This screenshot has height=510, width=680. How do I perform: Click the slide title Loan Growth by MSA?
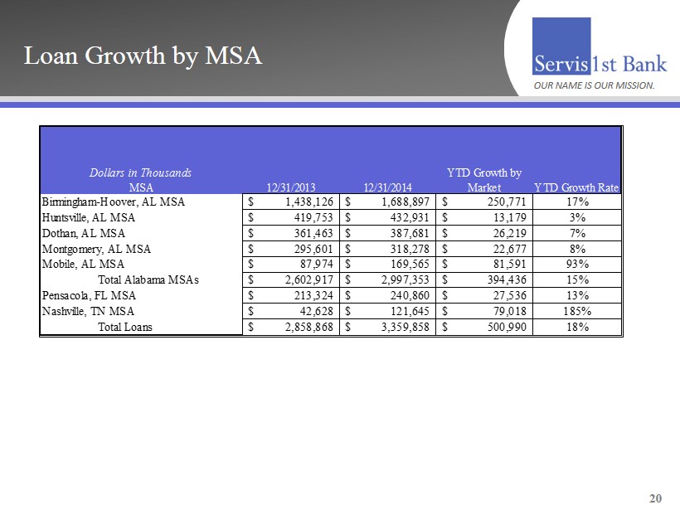click(x=143, y=56)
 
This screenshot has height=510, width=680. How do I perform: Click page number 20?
click(x=656, y=498)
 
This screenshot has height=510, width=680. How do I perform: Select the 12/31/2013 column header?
click(x=290, y=187)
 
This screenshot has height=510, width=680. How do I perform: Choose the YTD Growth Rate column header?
click(x=576, y=187)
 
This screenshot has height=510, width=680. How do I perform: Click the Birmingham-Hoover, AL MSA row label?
click(x=113, y=202)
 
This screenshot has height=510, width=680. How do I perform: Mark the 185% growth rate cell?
click(x=576, y=311)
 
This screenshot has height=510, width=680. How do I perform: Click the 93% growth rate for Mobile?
click(x=576, y=264)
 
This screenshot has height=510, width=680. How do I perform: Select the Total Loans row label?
click(x=125, y=327)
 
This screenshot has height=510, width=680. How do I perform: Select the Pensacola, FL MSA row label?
click(x=89, y=295)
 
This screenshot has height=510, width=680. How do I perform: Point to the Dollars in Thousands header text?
click(x=140, y=172)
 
